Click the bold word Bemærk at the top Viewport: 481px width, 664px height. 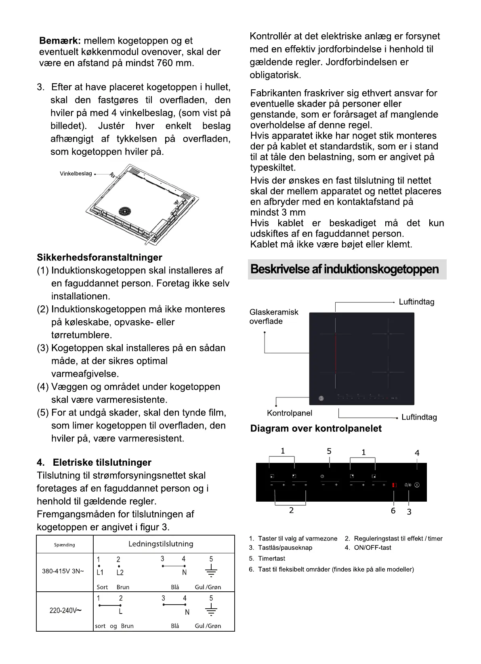coord(60,41)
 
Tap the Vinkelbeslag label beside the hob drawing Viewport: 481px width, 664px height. coord(76,174)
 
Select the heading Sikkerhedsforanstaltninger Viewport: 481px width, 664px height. coord(99,258)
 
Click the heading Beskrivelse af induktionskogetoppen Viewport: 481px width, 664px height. coord(344,269)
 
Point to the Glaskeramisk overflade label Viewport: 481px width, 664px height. coord(273,317)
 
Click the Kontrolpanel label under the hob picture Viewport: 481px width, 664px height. coord(290,413)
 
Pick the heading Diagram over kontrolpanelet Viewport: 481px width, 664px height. coord(316,429)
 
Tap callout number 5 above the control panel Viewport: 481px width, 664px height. coord(329,451)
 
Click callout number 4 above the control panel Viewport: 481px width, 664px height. coord(417,453)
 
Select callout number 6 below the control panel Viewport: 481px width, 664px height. coord(393,511)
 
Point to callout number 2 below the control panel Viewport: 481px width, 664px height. coord(291,511)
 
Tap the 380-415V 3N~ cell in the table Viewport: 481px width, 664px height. coord(63,572)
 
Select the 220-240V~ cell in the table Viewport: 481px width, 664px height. coord(65,610)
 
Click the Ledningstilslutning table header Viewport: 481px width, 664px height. coord(161,544)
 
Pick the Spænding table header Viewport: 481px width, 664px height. coord(65,545)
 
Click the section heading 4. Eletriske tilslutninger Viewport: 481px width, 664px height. coord(94,462)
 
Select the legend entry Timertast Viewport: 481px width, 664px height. coord(271,559)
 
